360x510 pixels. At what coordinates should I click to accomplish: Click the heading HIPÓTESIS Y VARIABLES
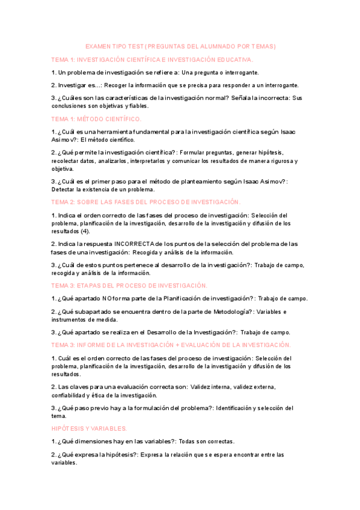89,428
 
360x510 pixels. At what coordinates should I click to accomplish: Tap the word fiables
136,106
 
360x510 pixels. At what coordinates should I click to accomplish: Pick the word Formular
173,152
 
